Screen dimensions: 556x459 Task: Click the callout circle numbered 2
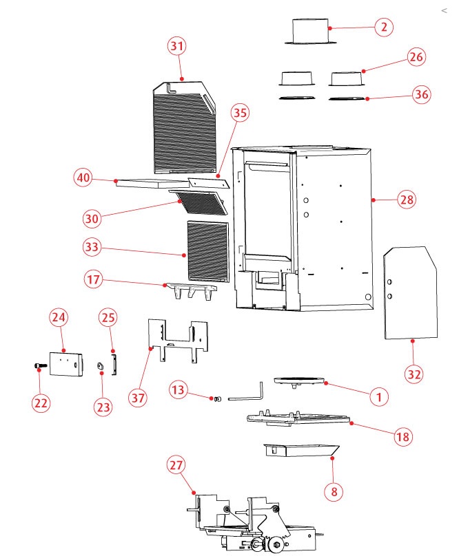(384, 28)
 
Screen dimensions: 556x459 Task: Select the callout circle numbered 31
(178, 46)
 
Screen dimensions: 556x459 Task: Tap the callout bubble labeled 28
(407, 200)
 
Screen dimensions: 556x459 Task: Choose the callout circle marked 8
(334, 491)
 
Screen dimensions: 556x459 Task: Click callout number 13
(179, 391)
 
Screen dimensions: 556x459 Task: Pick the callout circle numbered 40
(83, 178)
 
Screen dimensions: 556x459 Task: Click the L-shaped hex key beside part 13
(248, 393)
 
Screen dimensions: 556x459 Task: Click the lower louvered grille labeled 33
(207, 250)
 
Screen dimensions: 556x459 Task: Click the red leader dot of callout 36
(367, 99)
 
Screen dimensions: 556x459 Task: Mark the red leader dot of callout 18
(352, 424)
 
